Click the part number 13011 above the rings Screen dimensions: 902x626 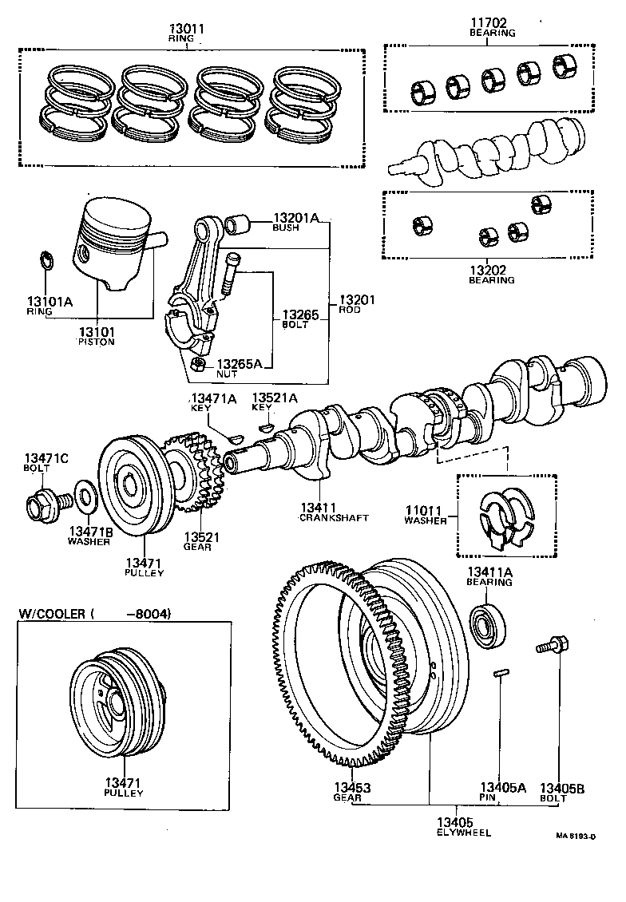click(186, 29)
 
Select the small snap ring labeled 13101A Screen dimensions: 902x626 click(46, 259)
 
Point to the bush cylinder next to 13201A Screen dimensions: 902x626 click(237, 224)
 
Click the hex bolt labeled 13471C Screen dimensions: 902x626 click(41, 504)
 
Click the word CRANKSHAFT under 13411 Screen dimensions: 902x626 click(334, 517)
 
